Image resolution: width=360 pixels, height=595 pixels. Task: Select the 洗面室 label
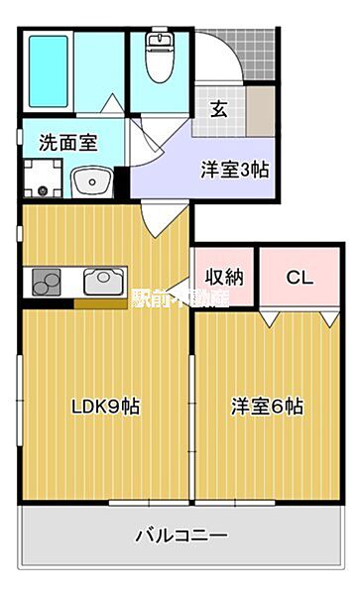pyautogui.click(x=67, y=142)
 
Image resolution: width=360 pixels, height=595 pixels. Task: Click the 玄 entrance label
pyautogui.click(x=218, y=109)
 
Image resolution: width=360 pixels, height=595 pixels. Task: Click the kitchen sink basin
pyautogui.click(x=102, y=283)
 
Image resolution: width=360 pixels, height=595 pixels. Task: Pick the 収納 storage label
pyautogui.click(x=225, y=277)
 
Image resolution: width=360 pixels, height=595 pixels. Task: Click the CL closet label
pyautogui.click(x=300, y=278)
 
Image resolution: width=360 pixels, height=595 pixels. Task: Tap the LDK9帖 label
pyautogui.click(x=103, y=406)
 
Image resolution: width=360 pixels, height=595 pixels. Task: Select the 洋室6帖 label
pyautogui.click(x=268, y=406)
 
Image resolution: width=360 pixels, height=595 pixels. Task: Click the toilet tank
pyautogui.click(x=158, y=39)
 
